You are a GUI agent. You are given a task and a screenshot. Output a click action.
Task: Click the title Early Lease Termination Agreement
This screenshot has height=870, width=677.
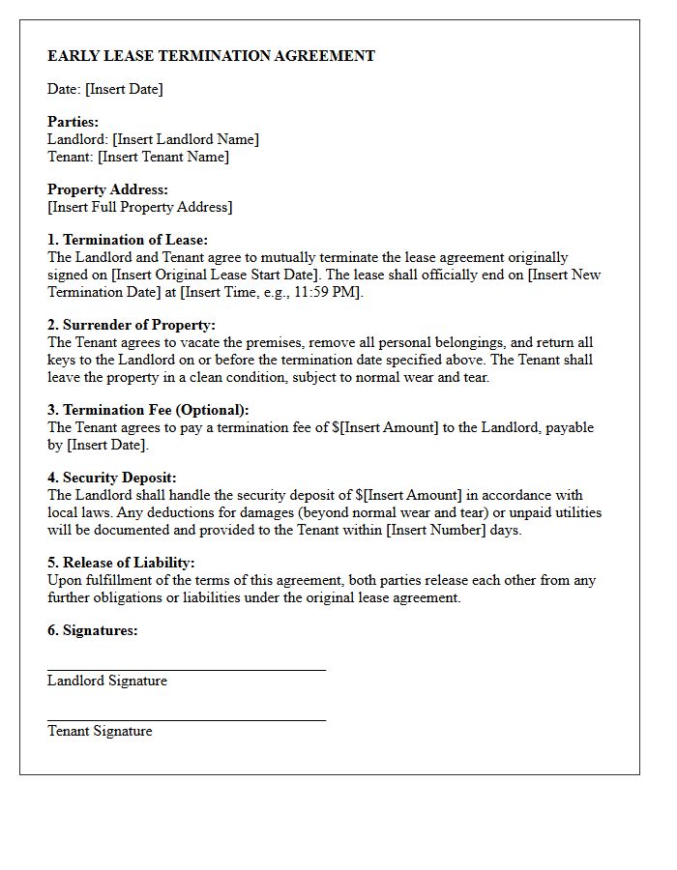pyautogui.click(x=211, y=56)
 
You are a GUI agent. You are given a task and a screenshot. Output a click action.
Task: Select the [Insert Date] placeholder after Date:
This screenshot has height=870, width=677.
pyautogui.click(x=124, y=89)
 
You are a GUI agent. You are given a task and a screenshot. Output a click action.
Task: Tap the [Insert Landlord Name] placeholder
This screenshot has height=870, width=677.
pyautogui.click(x=186, y=139)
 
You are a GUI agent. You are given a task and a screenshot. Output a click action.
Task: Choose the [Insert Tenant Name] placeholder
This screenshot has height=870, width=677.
pyautogui.click(x=163, y=157)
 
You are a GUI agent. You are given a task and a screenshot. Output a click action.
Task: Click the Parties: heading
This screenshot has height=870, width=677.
pyautogui.click(x=73, y=122)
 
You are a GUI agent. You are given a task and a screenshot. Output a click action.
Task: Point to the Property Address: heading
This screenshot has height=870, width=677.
pyautogui.click(x=107, y=189)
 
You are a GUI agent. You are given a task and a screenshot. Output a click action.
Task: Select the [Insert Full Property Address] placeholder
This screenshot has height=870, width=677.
pyautogui.click(x=140, y=207)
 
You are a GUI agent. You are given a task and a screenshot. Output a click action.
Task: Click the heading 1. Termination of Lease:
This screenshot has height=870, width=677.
pyautogui.click(x=128, y=240)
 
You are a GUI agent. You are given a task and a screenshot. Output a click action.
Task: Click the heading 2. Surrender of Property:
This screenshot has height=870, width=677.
pyautogui.click(x=132, y=325)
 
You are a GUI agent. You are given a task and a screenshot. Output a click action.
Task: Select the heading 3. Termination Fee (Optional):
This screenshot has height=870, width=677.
pyautogui.click(x=148, y=410)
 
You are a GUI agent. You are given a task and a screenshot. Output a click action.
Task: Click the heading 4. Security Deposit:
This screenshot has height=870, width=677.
pyautogui.click(x=112, y=478)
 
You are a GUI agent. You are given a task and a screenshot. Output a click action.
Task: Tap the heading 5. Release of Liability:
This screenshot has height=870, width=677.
pyautogui.click(x=121, y=563)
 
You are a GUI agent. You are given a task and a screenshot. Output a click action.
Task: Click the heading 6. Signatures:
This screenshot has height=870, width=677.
pyautogui.click(x=93, y=630)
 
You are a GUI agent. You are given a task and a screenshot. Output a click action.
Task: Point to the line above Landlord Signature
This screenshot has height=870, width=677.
pyautogui.click(x=187, y=669)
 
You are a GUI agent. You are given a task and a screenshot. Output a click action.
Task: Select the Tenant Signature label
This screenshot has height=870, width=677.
pyautogui.click(x=100, y=731)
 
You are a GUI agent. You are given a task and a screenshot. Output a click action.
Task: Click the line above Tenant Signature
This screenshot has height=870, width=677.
pyautogui.click(x=187, y=719)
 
